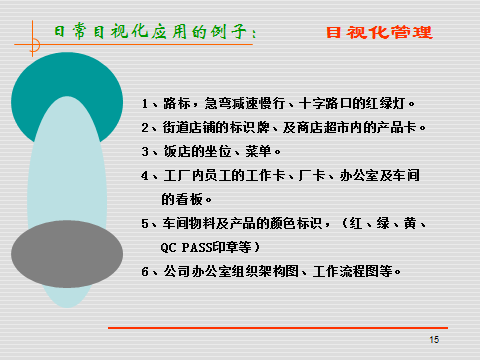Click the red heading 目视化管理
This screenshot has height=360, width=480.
pyautogui.click(x=379, y=32)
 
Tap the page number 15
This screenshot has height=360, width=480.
pyautogui.click(x=434, y=340)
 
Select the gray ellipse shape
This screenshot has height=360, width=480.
pyautogui.click(x=67, y=254)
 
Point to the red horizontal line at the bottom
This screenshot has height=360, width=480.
pyautogui.click(x=278, y=328)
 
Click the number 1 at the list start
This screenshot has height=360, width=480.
pyautogui.click(x=145, y=104)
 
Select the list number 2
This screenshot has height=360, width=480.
pyautogui.click(x=145, y=128)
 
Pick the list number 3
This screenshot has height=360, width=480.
pyautogui.click(x=145, y=152)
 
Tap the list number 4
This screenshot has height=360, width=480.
pyautogui.click(x=145, y=176)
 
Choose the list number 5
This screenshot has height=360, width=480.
pyautogui.click(x=145, y=223)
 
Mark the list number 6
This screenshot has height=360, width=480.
pyautogui.click(x=145, y=271)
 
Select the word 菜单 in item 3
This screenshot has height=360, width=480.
pyautogui.click(x=258, y=151)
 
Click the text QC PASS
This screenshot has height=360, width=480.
pyautogui.click(x=187, y=248)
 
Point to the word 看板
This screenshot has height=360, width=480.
pyautogui.click(x=189, y=199)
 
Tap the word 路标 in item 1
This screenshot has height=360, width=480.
pyautogui.click(x=177, y=103)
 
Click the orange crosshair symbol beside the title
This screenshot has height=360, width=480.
pyautogui.click(x=33, y=44)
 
